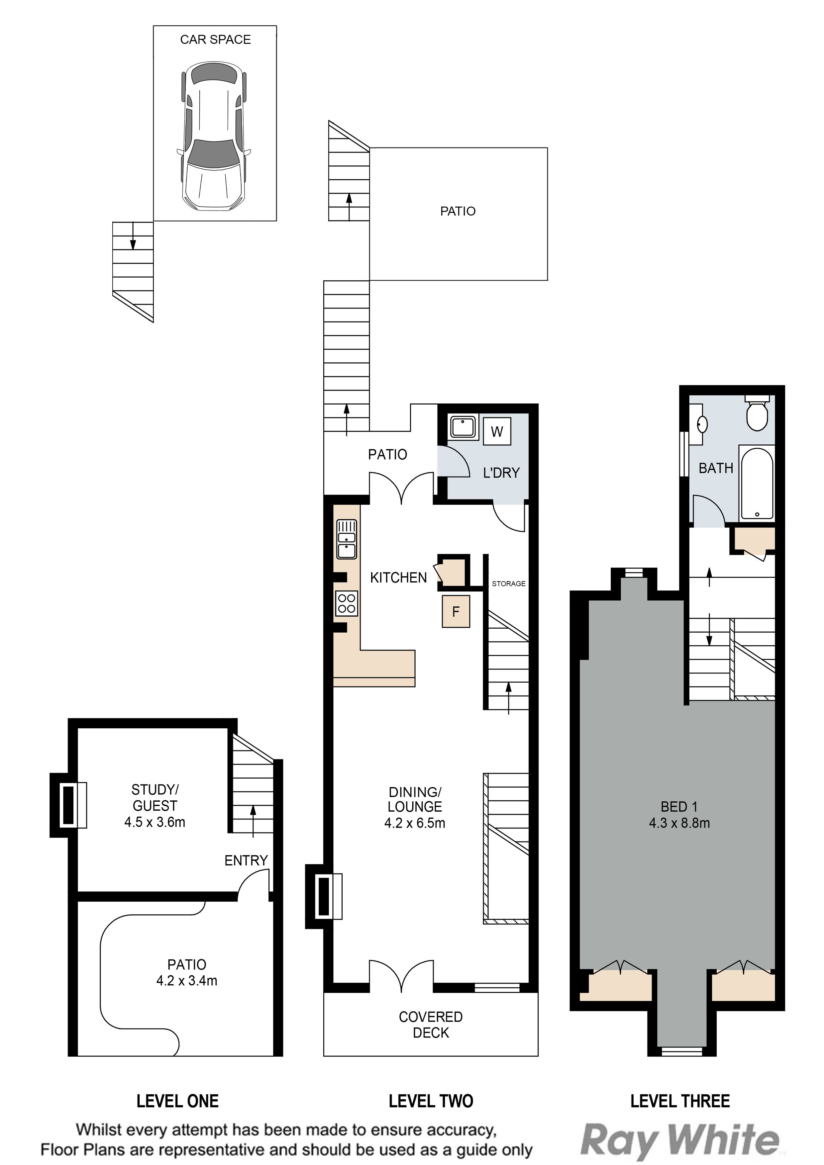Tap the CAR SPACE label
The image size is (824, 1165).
click(x=215, y=40)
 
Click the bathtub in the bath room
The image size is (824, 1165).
click(x=757, y=483)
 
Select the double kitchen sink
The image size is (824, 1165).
click(x=346, y=539)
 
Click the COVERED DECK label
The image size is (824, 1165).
click(x=431, y=1025)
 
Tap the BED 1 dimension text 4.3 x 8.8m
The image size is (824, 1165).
click(x=679, y=823)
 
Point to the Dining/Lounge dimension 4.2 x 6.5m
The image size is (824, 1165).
click(x=415, y=823)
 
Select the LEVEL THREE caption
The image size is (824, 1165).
click(x=680, y=1101)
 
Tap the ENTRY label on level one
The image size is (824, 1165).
click(x=246, y=860)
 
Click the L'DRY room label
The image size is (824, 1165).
click(x=501, y=473)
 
